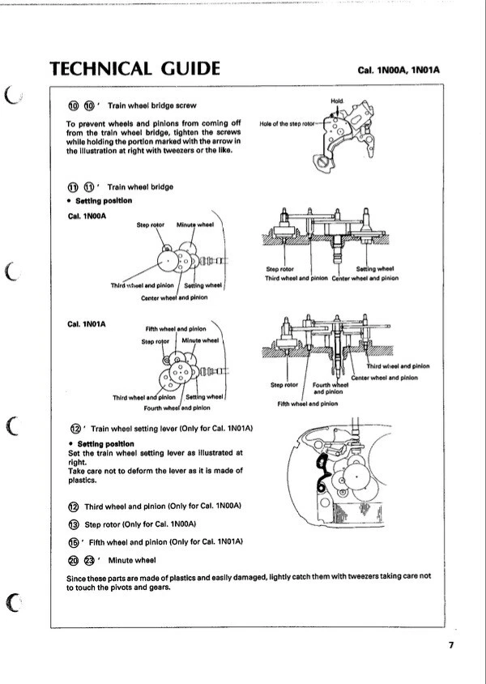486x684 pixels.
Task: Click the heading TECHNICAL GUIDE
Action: pos(134,68)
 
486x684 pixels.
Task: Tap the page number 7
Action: pos(450,645)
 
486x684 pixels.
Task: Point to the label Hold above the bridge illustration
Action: pos(337,100)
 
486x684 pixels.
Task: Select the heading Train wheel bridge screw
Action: pos(151,105)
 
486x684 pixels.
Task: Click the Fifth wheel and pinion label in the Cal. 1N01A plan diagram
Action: pos(175,329)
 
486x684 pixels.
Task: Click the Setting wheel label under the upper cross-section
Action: pos(374,269)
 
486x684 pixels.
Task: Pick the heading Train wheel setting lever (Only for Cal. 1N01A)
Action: pos(173,427)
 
